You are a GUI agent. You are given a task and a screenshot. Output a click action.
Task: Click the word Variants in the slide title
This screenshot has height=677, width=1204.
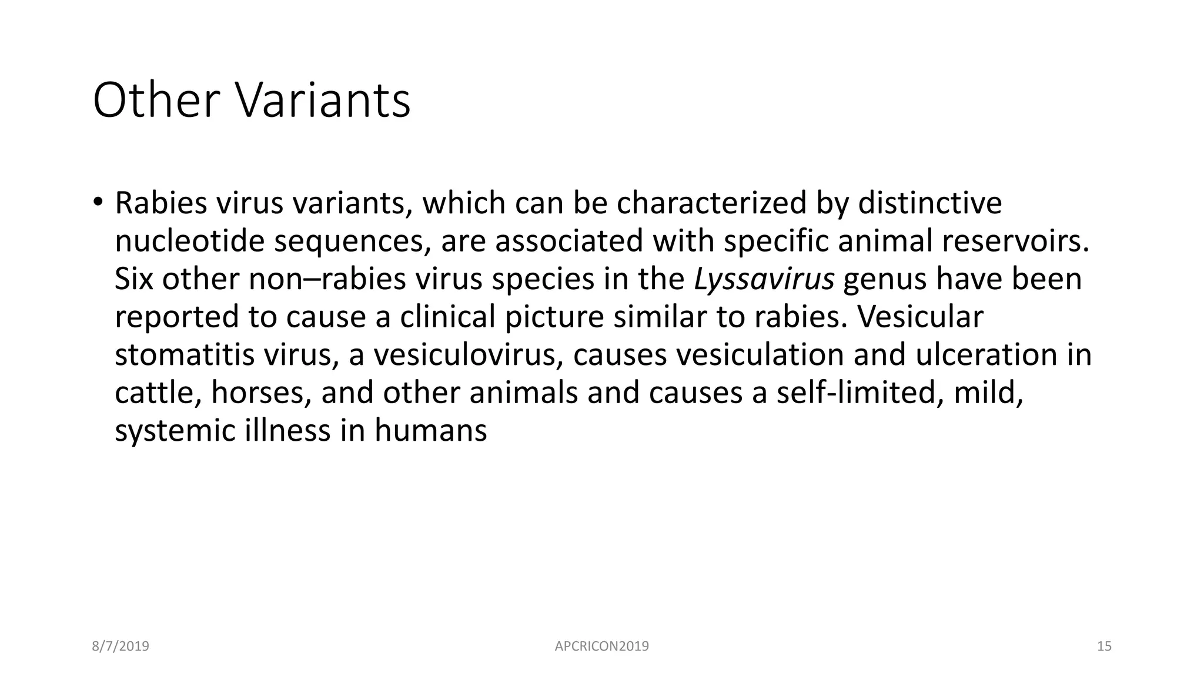pyautogui.click(x=323, y=101)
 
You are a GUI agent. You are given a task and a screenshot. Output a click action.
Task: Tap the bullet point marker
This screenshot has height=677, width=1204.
pyautogui.click(x=97, y=202)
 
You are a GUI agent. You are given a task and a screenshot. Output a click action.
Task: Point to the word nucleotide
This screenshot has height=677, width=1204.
pyautogui.click(x=189, y=241)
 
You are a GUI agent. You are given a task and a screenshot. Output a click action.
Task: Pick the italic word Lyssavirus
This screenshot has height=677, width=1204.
pyautogui.click(x=764, y=279)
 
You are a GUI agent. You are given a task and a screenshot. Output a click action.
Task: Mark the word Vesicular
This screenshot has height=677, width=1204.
pyautogui.click(x=919, y=317)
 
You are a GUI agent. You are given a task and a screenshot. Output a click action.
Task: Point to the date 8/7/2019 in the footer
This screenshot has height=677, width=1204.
pyautogui.click(x=121, y=646)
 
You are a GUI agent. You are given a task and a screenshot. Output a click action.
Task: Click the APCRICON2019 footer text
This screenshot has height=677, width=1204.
pyautogui.click(x=601, y=646)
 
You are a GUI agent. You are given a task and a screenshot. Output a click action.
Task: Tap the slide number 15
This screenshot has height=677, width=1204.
pyautogui.click(x=1104, y=646)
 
